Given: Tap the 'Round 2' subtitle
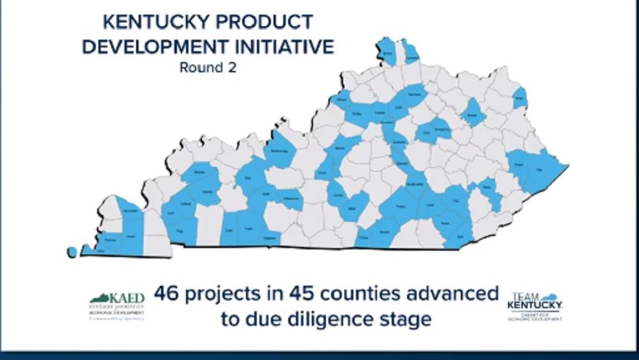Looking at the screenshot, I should [207, 67].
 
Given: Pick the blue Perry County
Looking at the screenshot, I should [487, 189].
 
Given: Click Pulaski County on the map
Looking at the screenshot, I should [401, 207].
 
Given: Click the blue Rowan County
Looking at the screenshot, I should [473, 113].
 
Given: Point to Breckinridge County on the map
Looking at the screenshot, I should [280, 152].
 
